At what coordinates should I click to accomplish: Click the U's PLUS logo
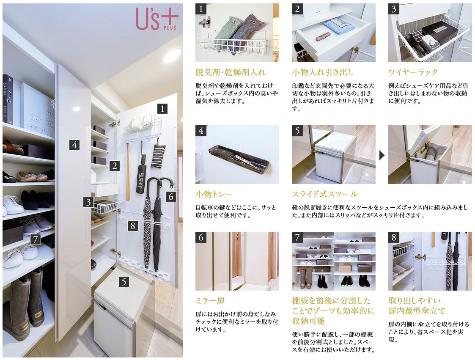[x=157, y=19]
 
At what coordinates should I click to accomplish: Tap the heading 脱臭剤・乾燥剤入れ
[x=231, y=72]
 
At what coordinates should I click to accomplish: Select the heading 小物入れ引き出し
[x=323, y=72]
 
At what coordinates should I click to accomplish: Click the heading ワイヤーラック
[x=413, y=72]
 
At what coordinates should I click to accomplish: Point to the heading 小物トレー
[x=214, y=194]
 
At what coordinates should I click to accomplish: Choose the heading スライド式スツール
[x=325, y=194]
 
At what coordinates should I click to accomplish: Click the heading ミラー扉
[x=210, y=301]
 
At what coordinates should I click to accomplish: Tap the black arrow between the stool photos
[x=382, y=155]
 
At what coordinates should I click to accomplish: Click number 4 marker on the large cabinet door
[x=74, y=145]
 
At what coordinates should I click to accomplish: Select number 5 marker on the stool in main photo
[x=124, y=282]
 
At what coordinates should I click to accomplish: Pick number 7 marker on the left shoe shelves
[x=36, y=240]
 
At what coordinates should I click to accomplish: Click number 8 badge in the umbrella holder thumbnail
[x=394, y=237]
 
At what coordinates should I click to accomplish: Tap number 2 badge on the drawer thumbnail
[x=297, y=9]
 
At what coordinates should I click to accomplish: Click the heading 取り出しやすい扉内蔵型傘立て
[x=417, y=306]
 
